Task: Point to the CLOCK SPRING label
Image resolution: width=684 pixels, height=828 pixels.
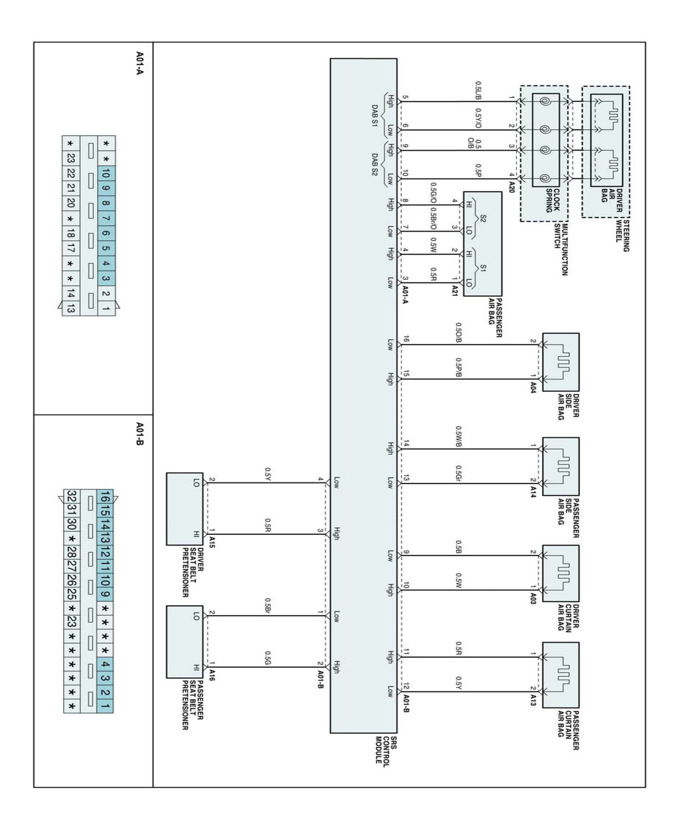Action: [552, 201]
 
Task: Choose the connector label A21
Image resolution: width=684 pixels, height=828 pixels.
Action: [455, 290]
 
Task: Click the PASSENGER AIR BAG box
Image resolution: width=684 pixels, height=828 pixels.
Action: [482, 244]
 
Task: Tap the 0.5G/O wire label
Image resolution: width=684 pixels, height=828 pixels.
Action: [433, 193]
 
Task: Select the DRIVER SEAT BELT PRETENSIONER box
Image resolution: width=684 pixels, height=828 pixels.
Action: [184, 508]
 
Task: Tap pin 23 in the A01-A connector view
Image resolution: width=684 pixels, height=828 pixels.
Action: [71, 158]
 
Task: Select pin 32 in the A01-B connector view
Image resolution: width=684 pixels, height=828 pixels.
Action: [72, 497]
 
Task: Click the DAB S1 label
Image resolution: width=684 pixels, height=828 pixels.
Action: [375, 116]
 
